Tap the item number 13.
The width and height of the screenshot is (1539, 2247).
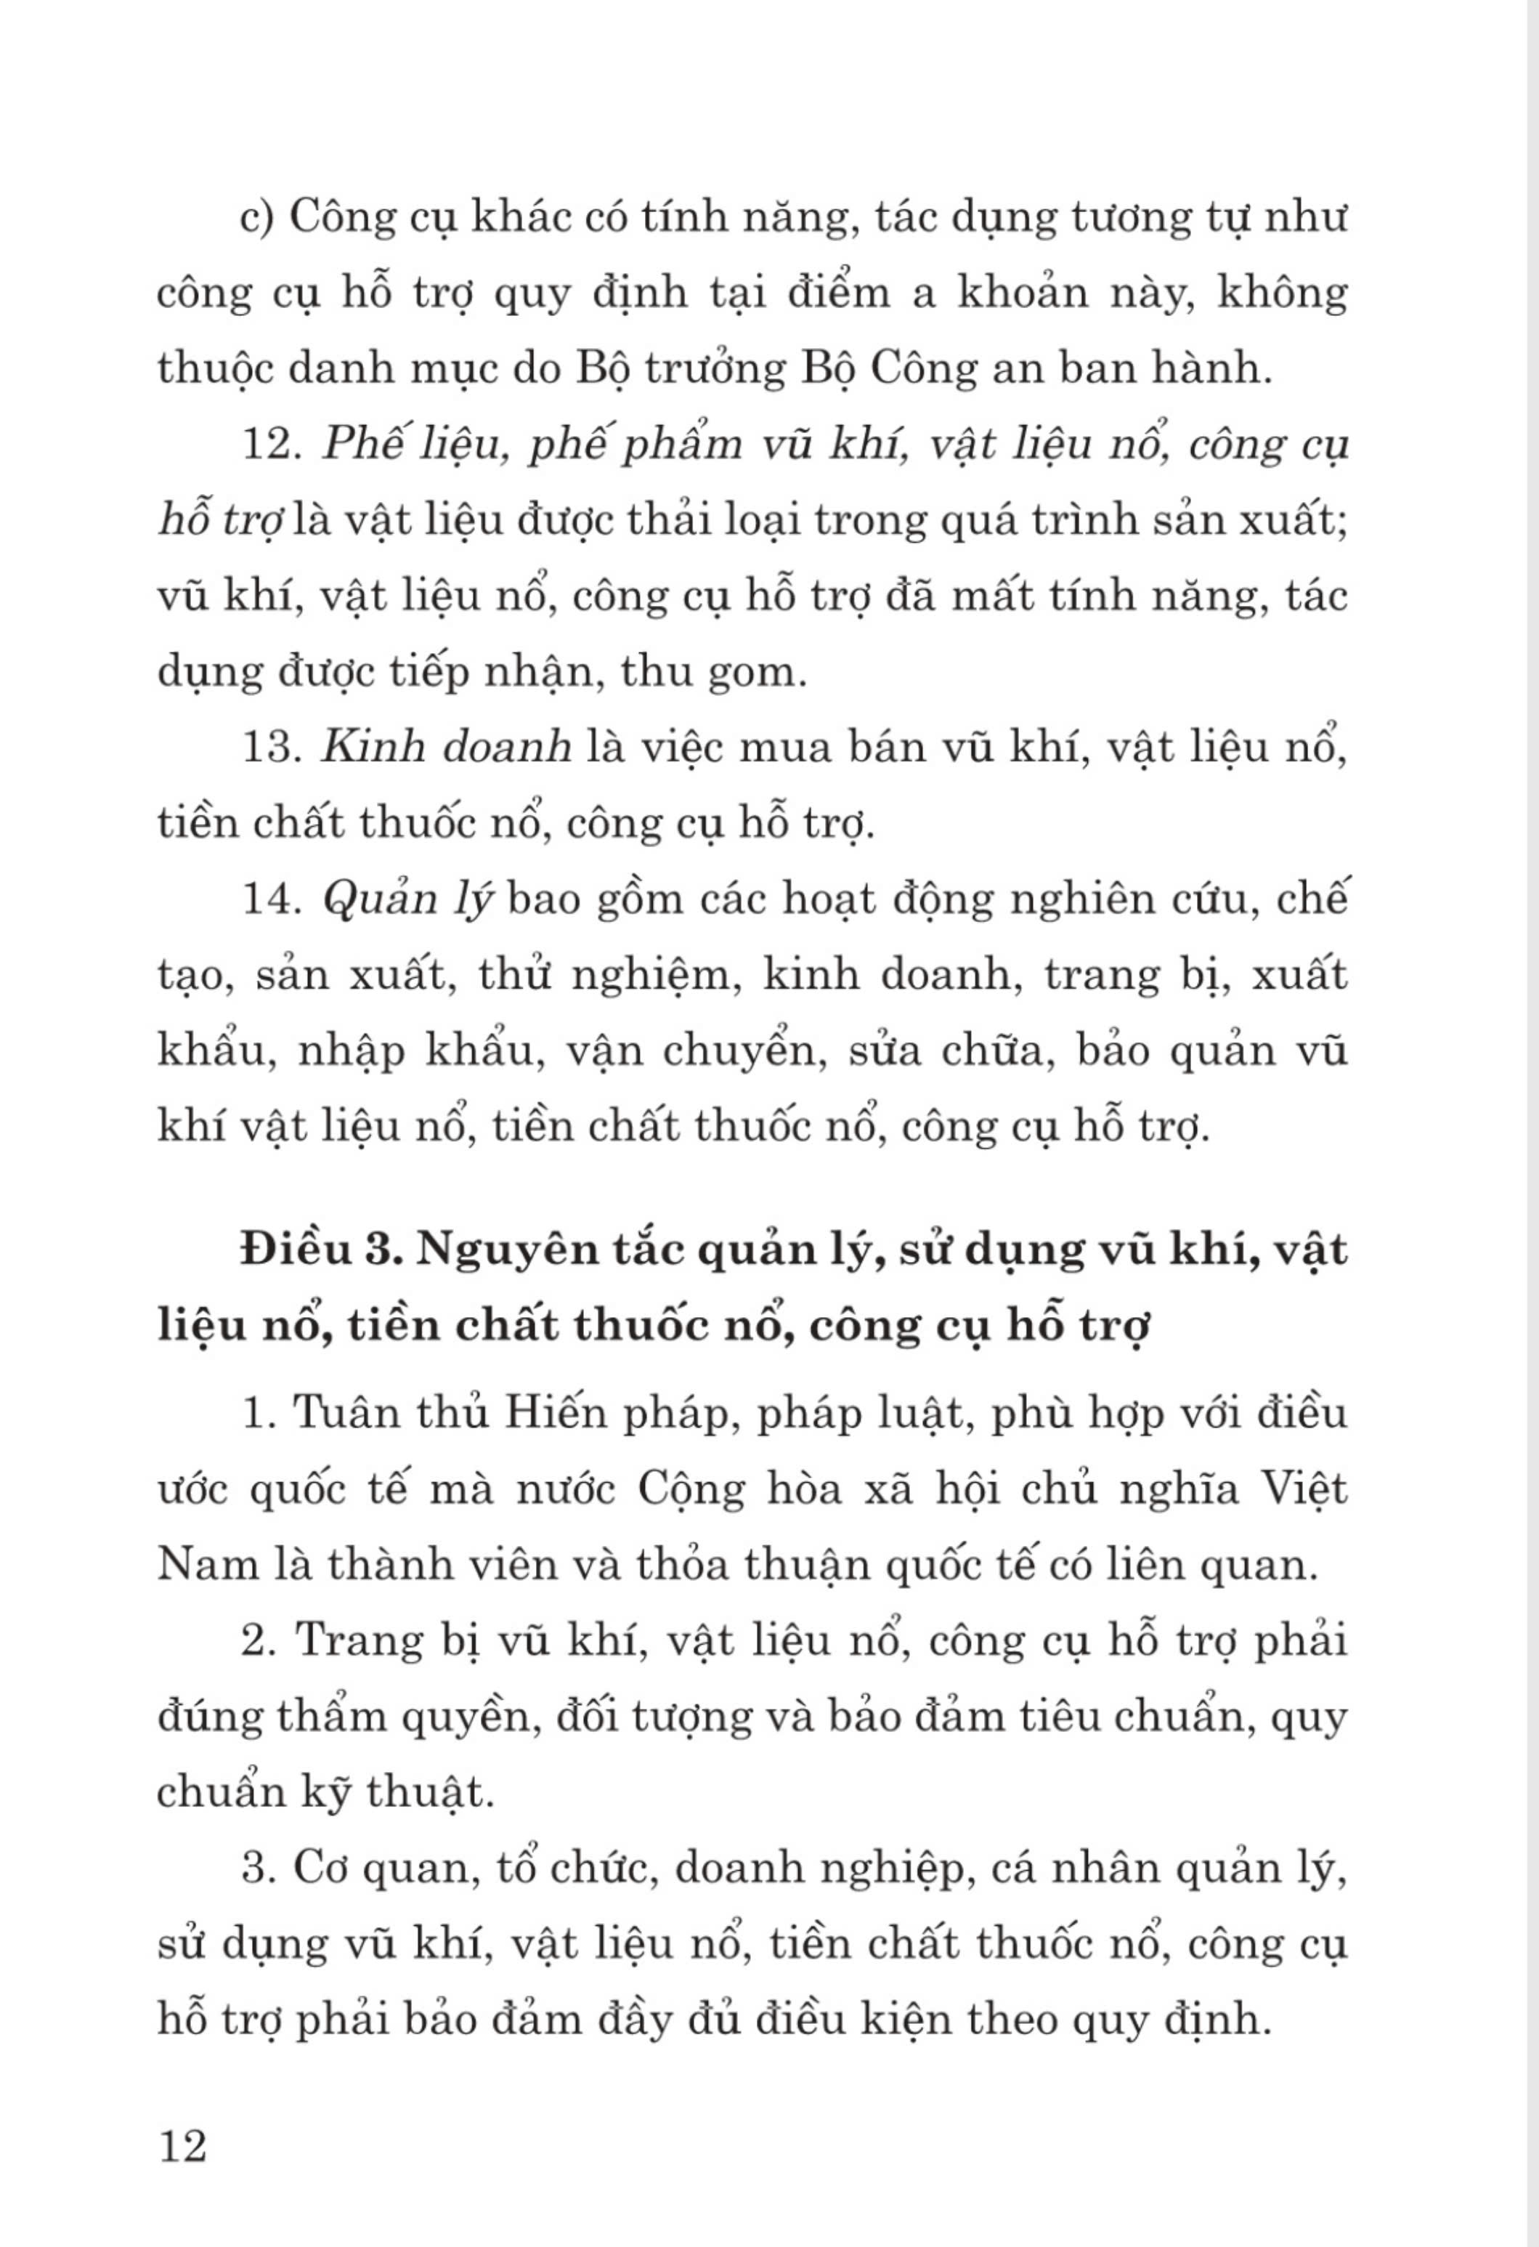[x=272, y=748]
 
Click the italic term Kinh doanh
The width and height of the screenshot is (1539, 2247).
[x=446, y=748]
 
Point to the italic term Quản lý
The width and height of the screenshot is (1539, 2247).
[x=407, y=901]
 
